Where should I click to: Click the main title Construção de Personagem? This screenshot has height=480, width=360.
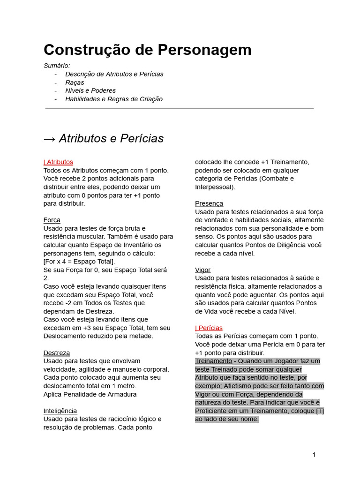click(147, 50)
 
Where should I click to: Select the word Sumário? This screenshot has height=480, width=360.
click(57, 66)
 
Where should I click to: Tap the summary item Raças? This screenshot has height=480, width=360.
click(75, 82)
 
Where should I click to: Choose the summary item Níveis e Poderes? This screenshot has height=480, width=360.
click(90, 90)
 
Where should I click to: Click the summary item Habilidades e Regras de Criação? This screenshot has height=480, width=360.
click(114, 99)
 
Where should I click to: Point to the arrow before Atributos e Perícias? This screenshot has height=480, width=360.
click(49, 139)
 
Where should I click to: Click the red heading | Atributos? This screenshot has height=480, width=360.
click(58, 162)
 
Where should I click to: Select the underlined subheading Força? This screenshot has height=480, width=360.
click(52, 220)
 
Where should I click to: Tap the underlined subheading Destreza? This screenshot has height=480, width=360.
click(56, 352)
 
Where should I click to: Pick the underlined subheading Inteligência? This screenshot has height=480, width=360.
click(60, 411)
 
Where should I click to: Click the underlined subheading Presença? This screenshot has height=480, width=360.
click(209, 203)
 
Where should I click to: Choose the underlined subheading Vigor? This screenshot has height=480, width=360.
click(202, 270)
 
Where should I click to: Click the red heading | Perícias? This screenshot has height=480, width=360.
click(209, 328)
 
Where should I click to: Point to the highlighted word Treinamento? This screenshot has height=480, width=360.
click(213, 361)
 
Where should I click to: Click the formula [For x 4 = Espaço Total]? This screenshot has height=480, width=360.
click(79, 262)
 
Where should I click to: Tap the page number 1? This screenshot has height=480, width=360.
click(314, 455)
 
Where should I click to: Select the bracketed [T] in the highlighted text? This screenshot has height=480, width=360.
click(320, 411)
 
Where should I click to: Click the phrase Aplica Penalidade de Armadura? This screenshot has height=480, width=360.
click(90, 394)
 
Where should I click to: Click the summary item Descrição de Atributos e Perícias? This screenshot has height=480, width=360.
click(114, 74)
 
